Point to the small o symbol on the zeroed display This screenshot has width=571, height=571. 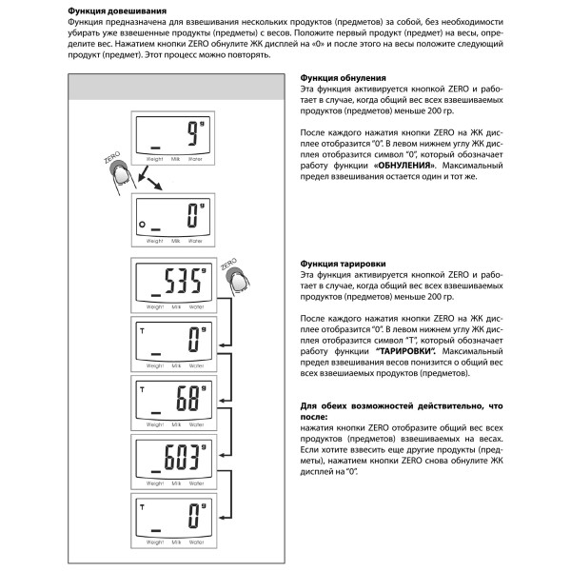click(141, 225)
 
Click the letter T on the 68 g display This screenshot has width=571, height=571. click(141, 390)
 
